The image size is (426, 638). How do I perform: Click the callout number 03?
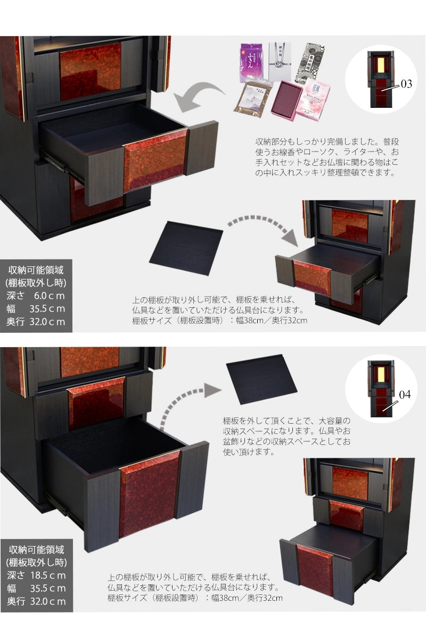tap(406, 84)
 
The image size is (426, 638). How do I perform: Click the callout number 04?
tap(405, 394)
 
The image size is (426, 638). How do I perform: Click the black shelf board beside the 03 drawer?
tap(186, 247)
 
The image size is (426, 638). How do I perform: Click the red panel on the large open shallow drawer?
tap(155, 159)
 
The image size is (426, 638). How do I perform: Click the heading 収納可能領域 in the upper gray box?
tap(36, 270)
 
